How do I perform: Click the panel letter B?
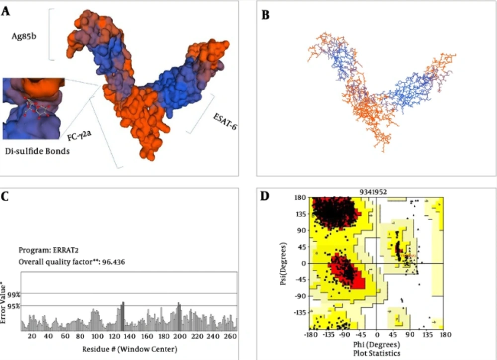pyautogui.click(x=266, y=16)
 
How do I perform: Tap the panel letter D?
pyautogui.click(x=266, y=196)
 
